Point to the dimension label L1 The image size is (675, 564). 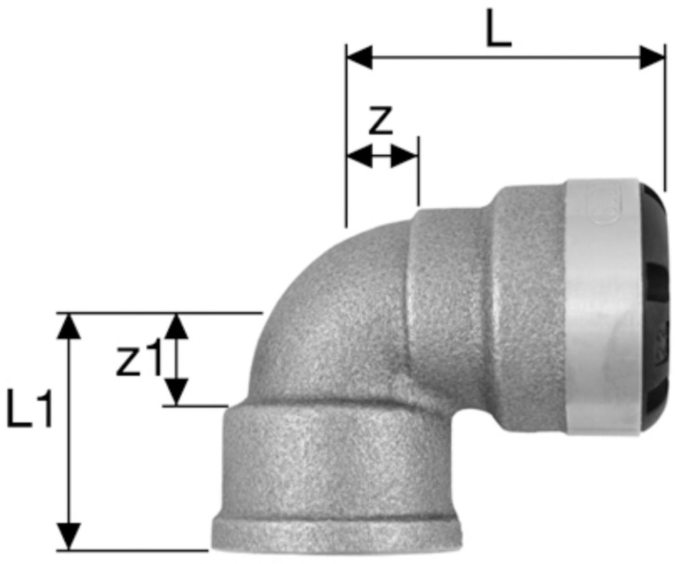pyautogui.click(x=29, y=410)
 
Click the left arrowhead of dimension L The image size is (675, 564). pyautogui.click(x=360, y=57)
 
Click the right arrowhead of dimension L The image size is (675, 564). pyautogui.click(x=651, y=57)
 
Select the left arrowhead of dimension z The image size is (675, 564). pyautogui.click(x=359, y=157)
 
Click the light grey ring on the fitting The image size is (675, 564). pyautogui.click(x=603, y=309)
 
